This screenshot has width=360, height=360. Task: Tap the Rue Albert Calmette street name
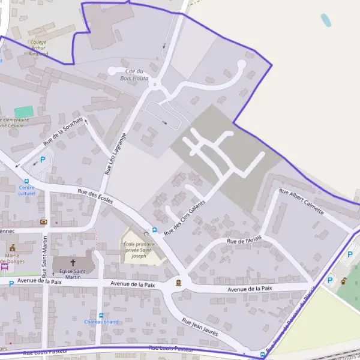click(x=301, y=202)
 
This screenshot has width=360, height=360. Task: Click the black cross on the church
click(x=73, y=263)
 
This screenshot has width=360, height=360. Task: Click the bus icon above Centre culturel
click(x=26, y=181)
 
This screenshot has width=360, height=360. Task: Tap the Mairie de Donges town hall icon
click(x=12, y=247)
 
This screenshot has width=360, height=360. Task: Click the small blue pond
click(x=326, y=21)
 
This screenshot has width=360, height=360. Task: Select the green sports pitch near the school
click(x=24, y=112)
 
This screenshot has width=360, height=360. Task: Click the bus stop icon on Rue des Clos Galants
click(x=155, y=229)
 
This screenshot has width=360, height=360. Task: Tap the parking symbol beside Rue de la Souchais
click(x=43, y=159)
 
